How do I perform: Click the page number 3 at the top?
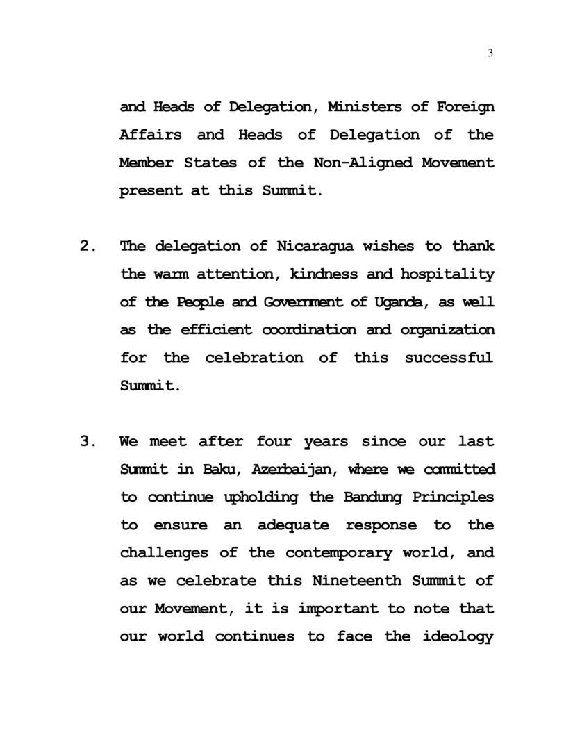(490, 54)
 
